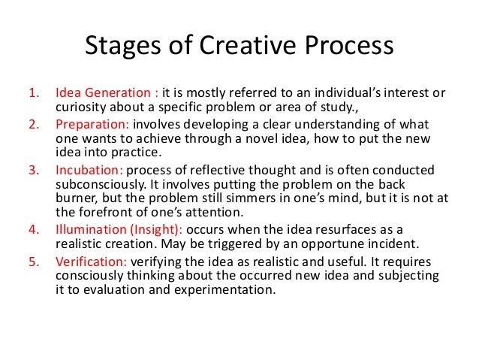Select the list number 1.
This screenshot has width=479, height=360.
[x=32, y=93]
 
